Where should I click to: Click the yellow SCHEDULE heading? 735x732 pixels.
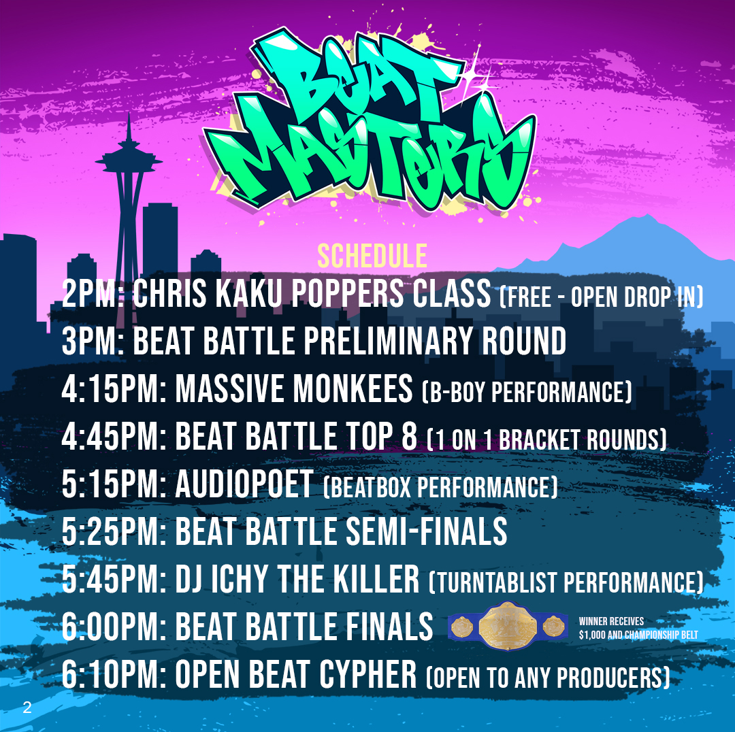[372, 256]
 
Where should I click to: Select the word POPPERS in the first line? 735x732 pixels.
[347, 293]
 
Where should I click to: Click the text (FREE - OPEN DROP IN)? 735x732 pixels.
[602, 297]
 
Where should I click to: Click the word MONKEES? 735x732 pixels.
[353, 389]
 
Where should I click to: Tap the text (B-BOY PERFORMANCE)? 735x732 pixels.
[527, 393]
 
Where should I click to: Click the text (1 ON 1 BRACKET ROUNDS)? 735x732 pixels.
[546, 440]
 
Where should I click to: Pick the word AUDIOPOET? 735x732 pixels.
[244, 484]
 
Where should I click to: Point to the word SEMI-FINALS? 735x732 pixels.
[427, 532]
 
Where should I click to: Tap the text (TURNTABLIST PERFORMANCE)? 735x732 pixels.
[566, 582]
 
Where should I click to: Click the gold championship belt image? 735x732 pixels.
[508, 626]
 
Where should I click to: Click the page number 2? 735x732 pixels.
[27, 707]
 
